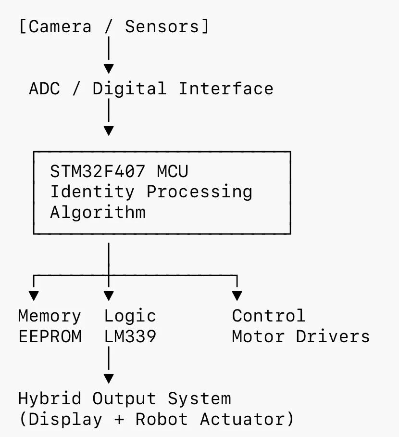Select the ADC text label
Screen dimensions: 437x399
45,89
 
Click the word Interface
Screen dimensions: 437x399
226,89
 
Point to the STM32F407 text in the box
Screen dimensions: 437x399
98,171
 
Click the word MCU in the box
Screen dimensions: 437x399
173,171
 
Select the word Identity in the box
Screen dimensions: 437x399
92,192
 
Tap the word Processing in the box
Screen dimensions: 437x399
199,192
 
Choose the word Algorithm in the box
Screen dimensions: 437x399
98,212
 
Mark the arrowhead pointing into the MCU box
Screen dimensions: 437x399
109,130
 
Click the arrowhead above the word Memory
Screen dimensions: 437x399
34,296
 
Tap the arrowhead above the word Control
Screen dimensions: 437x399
237,296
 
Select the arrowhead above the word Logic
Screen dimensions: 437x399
109,296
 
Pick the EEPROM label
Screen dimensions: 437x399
50,336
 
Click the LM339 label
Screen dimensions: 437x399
130,336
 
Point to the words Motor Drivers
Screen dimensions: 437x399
301,336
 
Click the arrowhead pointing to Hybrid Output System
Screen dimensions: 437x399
109,378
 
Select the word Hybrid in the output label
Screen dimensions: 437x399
50,399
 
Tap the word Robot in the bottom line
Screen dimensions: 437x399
162,419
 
